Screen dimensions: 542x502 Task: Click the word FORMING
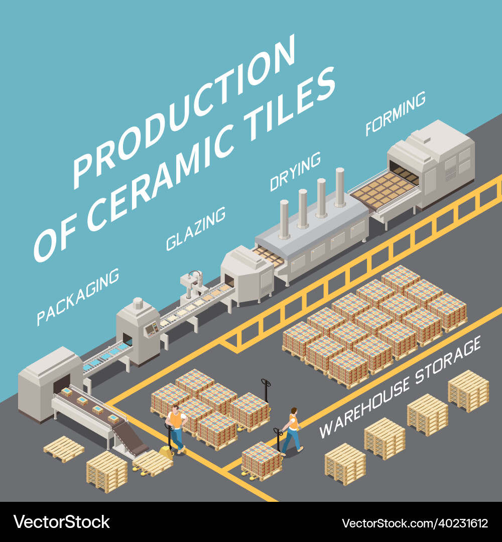click(x=396, y=113)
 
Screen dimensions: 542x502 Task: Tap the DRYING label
click(x=295, y=172)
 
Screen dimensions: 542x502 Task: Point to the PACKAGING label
click(x=78, y=296)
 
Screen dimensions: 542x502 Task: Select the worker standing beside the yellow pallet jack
click(x=176, y=427)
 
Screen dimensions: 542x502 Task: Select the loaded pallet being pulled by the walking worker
click(x=261, y=459)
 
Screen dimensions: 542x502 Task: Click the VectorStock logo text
click(x=61, y=522)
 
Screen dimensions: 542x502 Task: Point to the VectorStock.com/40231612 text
click(x=415, y=523)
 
